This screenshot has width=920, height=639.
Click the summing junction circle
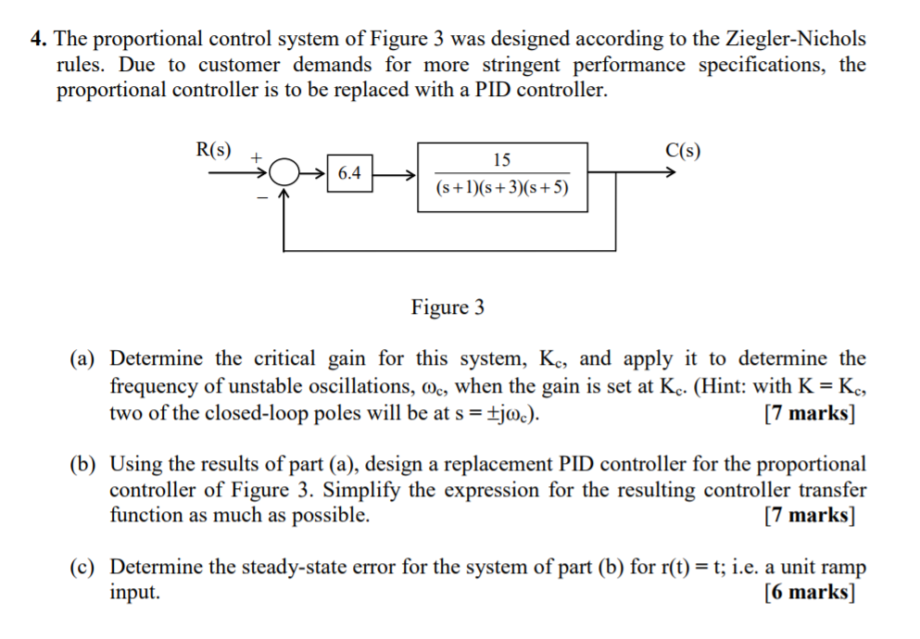pos(287,173)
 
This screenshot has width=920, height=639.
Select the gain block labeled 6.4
pos(350,173)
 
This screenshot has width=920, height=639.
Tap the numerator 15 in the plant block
pos(501,159)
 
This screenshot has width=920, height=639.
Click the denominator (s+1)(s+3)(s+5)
pos(501,188)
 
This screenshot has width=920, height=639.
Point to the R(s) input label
pos(215,150)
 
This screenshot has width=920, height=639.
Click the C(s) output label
pos(684,150)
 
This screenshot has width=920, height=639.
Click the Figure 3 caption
pos(447,307)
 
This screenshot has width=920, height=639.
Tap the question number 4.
pos(37,39)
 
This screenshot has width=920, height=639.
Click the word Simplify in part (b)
pos(364,489)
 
